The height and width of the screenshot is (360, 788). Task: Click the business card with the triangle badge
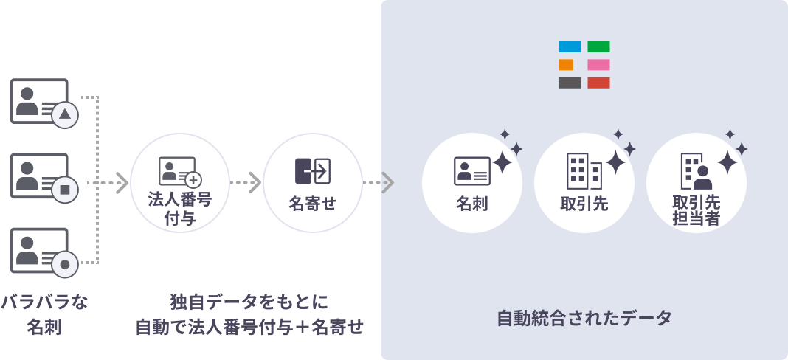click(x=39, y=101)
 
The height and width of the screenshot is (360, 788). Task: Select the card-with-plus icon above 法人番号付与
click(x=179, y=172)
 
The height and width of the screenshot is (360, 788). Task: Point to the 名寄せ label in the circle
click(x=313, y=204)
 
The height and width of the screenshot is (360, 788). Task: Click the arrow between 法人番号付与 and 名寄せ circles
click(x=246, y=182)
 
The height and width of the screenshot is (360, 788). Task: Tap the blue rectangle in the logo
click(x=570, y=47)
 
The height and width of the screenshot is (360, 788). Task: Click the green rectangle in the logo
click(x=598, y=47)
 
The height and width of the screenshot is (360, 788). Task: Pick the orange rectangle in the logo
click(x=566, y=65)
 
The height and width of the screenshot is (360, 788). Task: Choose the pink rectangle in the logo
click(x=598, y=65)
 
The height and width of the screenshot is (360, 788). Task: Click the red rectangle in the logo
click(x=598, y=83)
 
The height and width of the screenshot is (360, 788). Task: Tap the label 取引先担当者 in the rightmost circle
click(x=696, y=210)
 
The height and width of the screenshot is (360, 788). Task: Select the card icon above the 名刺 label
click(x=471, y=171)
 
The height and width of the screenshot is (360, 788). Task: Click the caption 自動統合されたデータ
click(x=584, y=319)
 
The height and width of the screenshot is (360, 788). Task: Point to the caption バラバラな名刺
click(x=44, y=314)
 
